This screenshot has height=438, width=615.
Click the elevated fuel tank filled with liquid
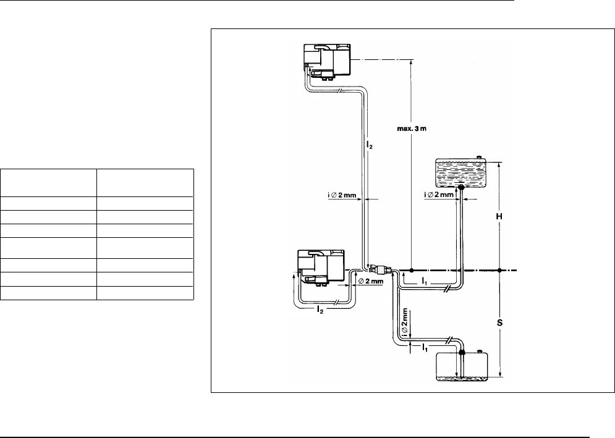(460, 173)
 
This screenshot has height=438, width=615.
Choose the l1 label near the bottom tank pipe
(425, 348)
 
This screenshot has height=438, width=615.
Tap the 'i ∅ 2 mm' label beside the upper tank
(439, 195)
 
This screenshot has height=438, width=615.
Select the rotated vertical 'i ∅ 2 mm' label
(405, 322)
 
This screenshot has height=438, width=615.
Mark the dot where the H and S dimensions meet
(499, 270)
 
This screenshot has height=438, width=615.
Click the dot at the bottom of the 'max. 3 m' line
(411, 270)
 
